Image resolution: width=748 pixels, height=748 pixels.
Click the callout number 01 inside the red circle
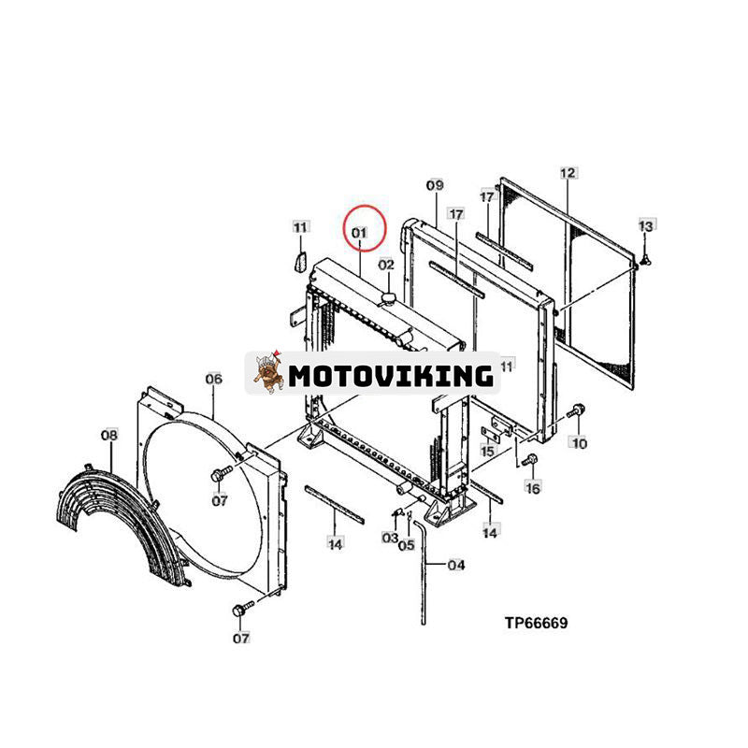(359, 232)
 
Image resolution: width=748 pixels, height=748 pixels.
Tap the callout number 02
(386, 264)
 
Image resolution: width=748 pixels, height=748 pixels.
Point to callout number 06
(214, 379)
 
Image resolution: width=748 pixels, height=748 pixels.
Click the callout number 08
(109, 435)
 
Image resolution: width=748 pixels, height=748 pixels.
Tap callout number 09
(435, 184)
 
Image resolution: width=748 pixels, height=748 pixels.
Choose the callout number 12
(568, 172)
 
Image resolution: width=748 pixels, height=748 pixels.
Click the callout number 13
(646, 225)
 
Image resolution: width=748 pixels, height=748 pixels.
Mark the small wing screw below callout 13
(646, 260)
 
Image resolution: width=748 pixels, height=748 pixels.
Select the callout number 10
(580, 443)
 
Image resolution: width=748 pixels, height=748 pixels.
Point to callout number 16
(532, 487)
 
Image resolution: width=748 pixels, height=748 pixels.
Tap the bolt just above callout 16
(530, 460)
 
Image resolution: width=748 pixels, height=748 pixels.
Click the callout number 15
(487, 451)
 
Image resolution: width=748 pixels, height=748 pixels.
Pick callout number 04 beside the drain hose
(456, 565)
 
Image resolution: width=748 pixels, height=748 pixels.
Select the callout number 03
(390, 538)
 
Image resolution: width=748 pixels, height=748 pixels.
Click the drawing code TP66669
(537, 623)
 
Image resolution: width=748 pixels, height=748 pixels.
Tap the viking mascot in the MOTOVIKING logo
(268, 372)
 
